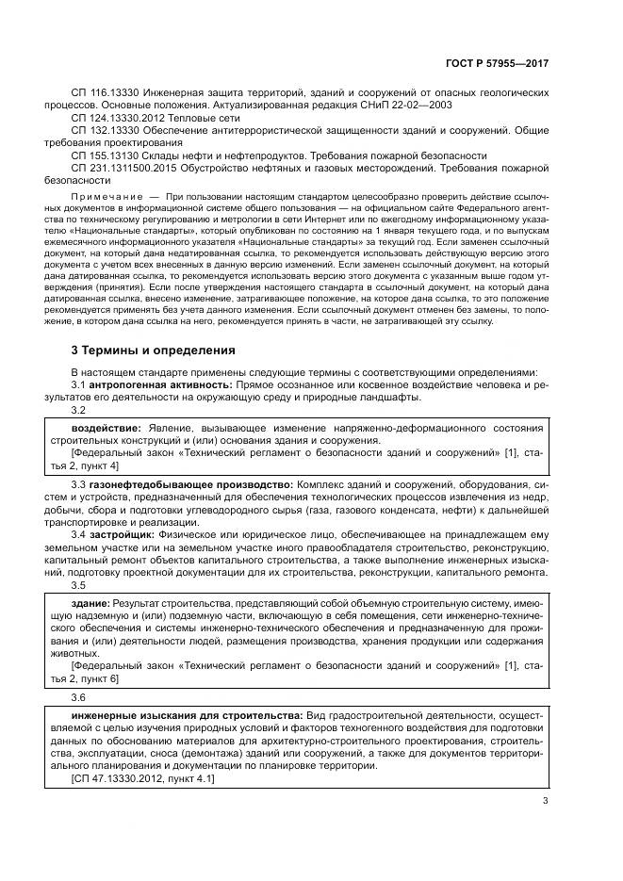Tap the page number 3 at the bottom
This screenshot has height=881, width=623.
point(545,803)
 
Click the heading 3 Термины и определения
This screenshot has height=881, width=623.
point(154,351)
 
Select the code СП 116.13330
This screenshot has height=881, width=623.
point(105,95)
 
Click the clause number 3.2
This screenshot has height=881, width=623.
point(79,410)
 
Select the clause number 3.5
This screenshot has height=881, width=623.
point(79,584)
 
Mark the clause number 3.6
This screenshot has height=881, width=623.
point(79,697)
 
